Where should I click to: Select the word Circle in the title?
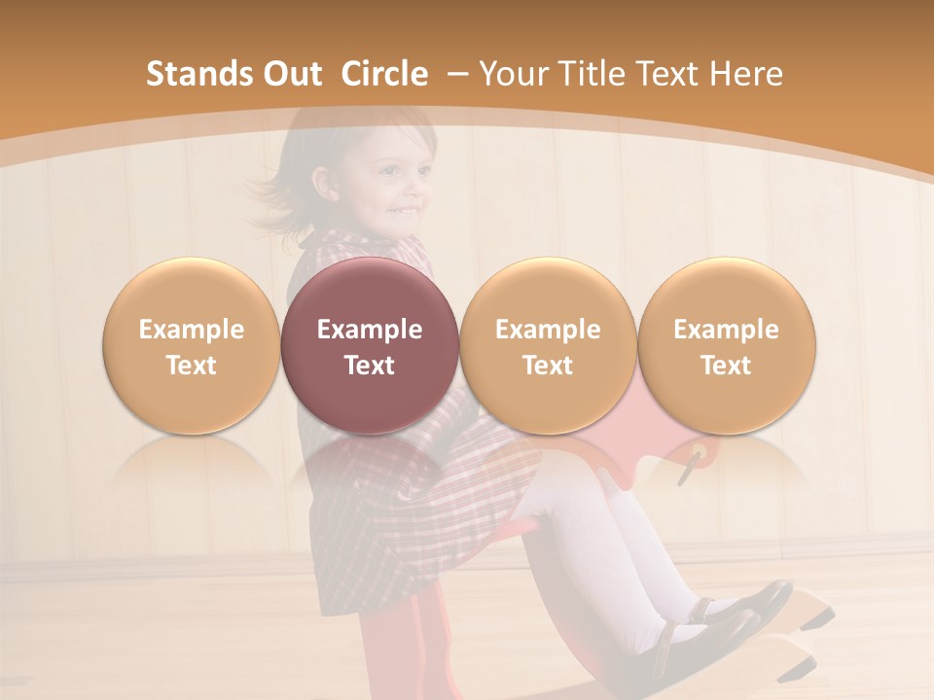[384, 74]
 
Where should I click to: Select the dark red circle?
[370, 345]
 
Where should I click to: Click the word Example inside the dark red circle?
[370, 330]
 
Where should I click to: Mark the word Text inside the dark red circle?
[370, 366]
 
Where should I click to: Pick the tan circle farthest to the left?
[191, 345]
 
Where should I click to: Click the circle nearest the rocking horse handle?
[726, 345]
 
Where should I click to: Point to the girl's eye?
[392, 173]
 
